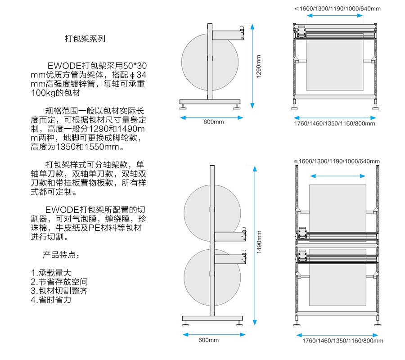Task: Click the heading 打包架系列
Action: click(x=85, y=39)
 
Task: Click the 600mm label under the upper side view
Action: click(x=213, y=122)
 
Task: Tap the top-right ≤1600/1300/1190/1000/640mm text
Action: click(x=337, y=9)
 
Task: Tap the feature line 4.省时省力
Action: click(x=51, y=300)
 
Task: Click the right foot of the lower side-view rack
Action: click(x=238, y=323)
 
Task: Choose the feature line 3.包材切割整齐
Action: click(x=59, y=291)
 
